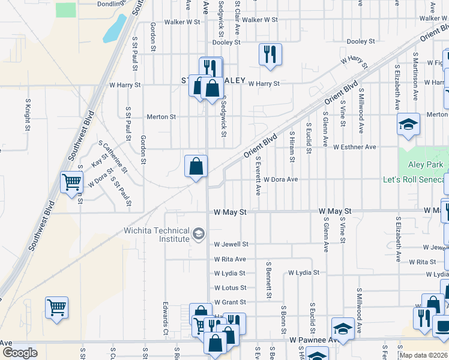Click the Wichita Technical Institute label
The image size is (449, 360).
tap(157, 235)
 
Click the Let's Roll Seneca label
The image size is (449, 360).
tap(415, 179)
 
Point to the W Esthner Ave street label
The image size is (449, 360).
tap(354, 146)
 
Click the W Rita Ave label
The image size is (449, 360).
tap(230, 259)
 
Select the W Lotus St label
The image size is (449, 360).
tap(231, 288)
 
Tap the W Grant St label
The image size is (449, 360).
tap(231, 302)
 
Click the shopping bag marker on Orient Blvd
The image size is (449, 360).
tap(196, 166)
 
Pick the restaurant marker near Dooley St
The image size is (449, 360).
tap(270, 55)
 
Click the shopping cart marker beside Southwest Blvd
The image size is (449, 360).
tap(71, 182)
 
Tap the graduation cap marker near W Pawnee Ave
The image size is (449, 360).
tap(342, 329)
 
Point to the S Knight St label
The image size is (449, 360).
tap(28, 115)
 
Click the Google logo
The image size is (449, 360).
tap(20, 353)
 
